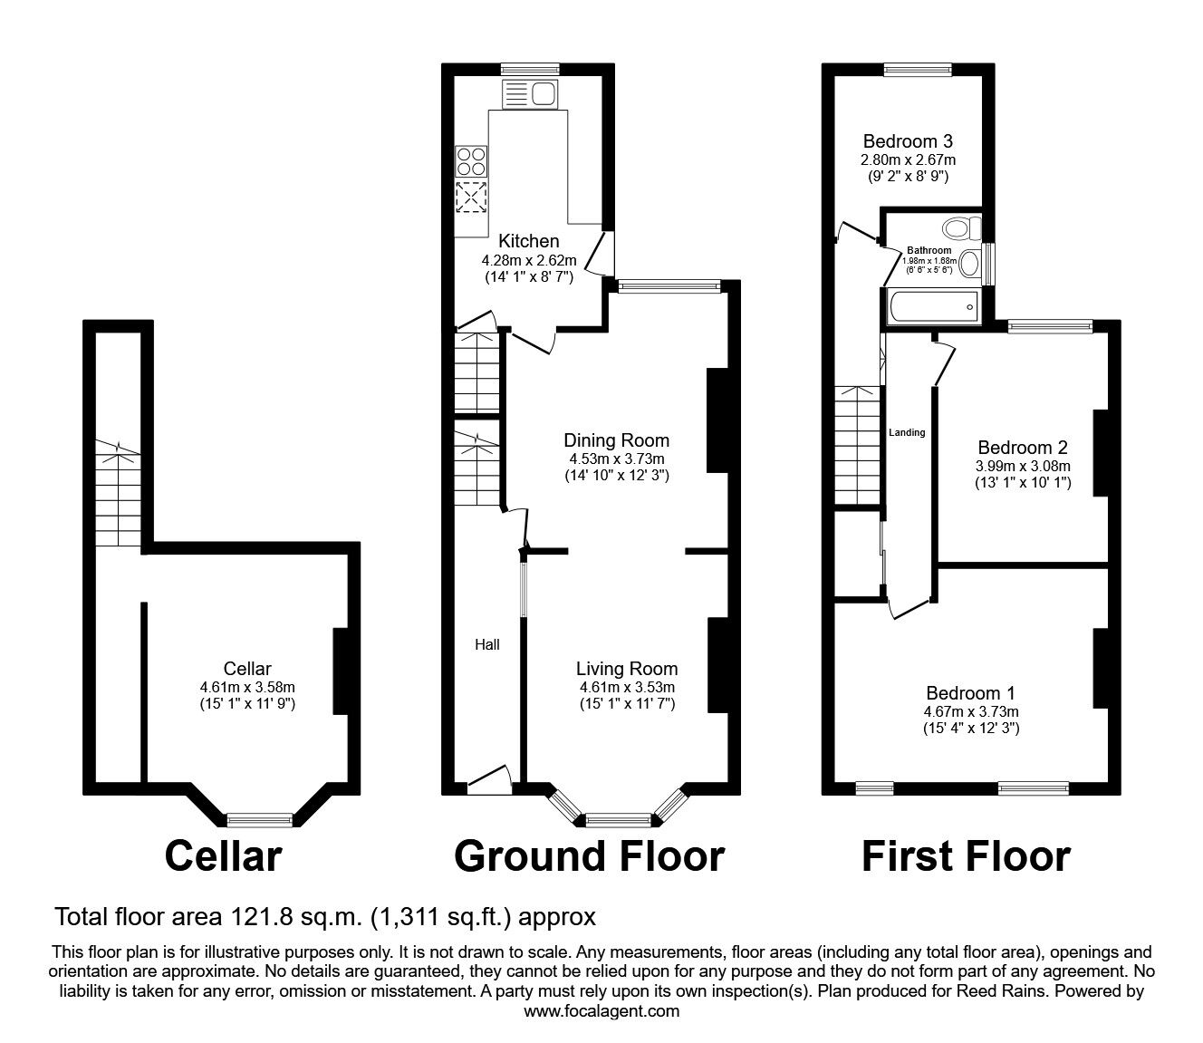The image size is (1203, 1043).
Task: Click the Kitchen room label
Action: pyautogui.click(x=529, y=241)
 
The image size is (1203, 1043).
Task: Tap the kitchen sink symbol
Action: pyautogui.click(x=531, y=93)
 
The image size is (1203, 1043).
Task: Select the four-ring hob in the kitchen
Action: pyautogui.click(x=470, y=161)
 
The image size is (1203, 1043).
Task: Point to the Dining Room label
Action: pyautogui.click(x=616, y=440)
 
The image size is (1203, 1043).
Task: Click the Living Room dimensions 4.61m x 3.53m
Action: pyautogui.click(x=627, y=687)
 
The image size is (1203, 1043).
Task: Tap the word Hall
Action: pyautogui.click(x=487, y=644)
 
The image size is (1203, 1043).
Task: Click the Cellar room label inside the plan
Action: pyautogui.click(x=247, y=669)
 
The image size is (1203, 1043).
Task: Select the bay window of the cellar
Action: pyautogui.click(x=260, y=820)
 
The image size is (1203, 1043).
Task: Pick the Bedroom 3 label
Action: pyautogui.click(x=907, y=141)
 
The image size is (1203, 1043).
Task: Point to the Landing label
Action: pyautogui.click(x=907, y=432)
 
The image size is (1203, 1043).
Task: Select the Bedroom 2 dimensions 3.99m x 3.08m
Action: pyautogui.click(x=1022, y=466)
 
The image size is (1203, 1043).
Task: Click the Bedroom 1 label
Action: pyautogui.click(x=970, y=693)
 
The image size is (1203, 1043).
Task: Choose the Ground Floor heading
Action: pyautogui.click(x=589, y=855)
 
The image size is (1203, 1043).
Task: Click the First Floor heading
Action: pyautogui.click(x=966, y=855)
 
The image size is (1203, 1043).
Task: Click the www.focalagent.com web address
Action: pyautogui.click(x=601, y=1010)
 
